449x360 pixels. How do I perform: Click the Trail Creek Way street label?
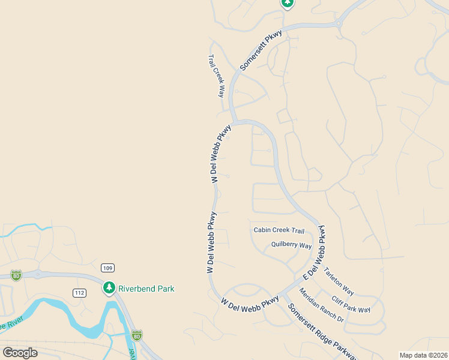216,76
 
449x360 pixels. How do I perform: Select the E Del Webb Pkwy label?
316,253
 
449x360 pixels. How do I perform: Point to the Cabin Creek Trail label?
279,230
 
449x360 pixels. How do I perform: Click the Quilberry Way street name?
291,245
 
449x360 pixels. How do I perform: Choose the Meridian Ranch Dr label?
321,305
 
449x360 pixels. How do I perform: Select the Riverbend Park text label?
146,289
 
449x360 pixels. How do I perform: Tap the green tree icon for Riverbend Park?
109,288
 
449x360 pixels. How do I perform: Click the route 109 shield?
108,268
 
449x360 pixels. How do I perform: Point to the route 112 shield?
80,293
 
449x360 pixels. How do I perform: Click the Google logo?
20,352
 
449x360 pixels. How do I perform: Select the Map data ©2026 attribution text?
423,355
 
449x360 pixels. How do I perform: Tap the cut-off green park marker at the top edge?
288,3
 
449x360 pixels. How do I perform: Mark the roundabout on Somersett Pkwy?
339,23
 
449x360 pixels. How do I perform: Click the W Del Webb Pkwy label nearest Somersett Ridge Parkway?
250,302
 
